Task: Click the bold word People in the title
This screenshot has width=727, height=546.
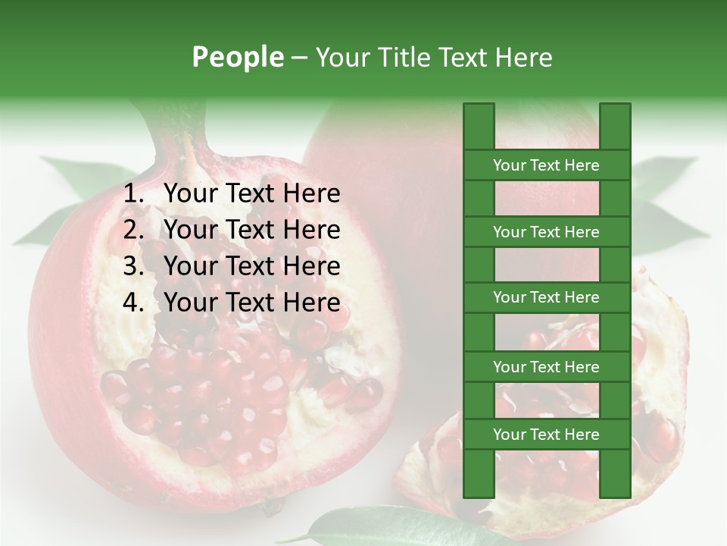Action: tap(237, 57)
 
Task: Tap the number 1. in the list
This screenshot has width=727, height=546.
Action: tap(133, 193)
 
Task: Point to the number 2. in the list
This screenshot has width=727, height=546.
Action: tap(133, 230)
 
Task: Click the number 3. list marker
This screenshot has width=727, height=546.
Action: tap(133, 266)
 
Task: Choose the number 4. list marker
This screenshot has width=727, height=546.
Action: tap(133, 303)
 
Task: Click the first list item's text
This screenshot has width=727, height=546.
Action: tap(251, 193)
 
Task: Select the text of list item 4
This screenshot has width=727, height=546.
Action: tap(251, 303)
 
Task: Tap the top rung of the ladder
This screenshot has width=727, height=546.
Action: tap(546, 165)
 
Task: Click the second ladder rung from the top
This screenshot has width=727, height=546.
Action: tap(546, 232)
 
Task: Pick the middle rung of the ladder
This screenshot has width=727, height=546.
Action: tap(546, 297)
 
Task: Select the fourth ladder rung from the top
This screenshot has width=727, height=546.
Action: tap(546, 367)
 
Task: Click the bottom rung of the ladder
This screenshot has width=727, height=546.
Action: tap(546, 435)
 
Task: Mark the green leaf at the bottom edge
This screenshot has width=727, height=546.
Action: tap(371, 526)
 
